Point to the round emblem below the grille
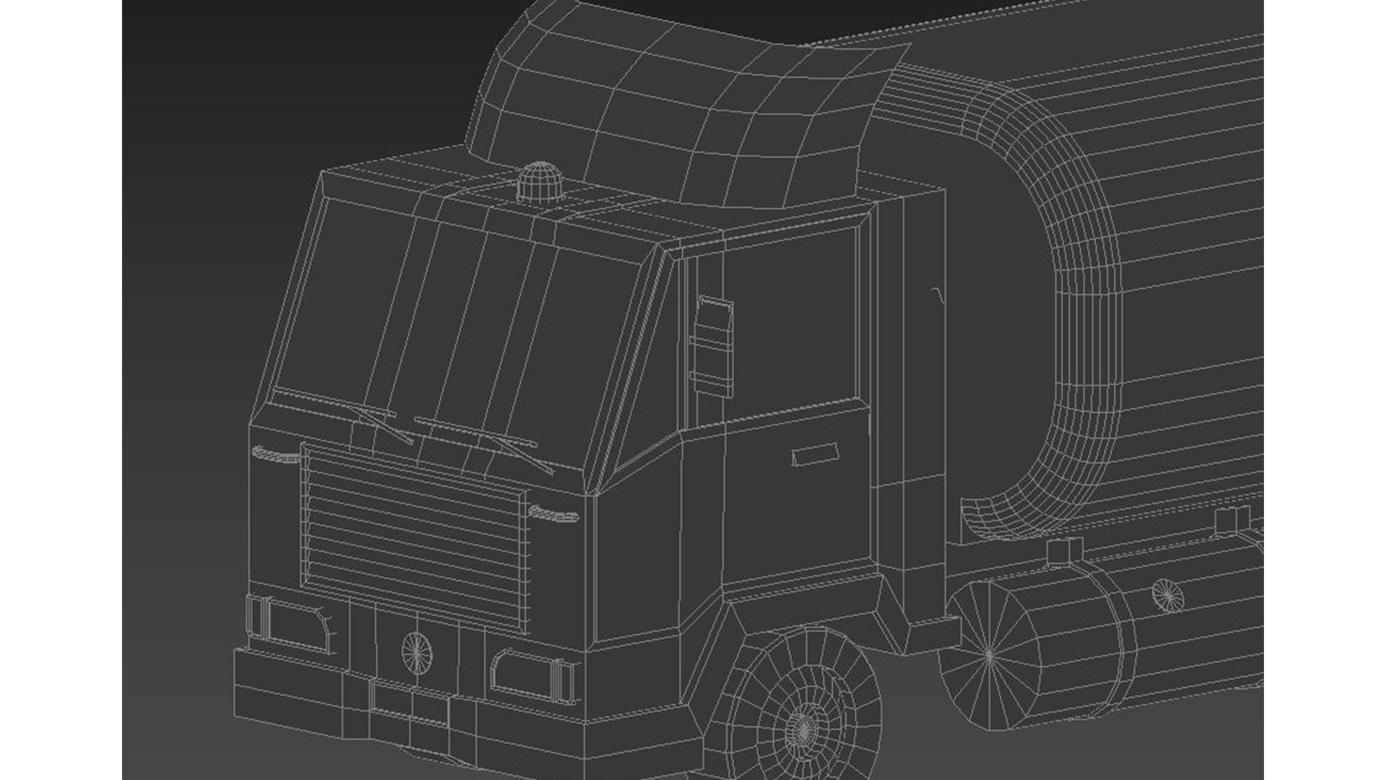(x=417, y=651)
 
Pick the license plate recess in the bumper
(x=410, y=701)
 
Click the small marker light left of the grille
(x=275, y=454)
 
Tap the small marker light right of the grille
(x=554, y=513)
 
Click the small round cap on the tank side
(x=1167, y=594)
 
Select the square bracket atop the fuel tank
(x=1059, y=550)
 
